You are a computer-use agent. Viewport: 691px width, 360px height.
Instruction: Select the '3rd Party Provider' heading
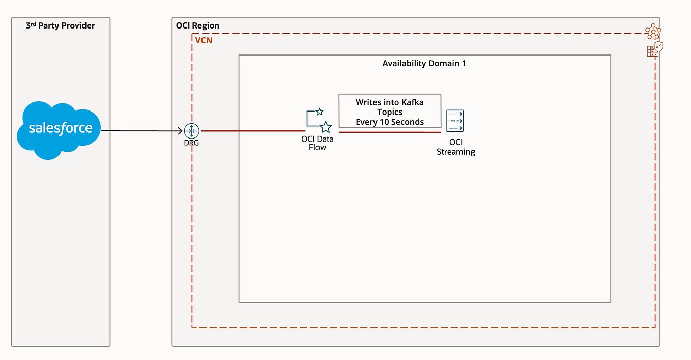[x=60, y=25]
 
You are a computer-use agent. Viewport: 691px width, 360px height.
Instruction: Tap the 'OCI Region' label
[x=197, y=25]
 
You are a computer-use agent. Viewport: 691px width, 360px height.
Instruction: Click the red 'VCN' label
[x=204, y=40]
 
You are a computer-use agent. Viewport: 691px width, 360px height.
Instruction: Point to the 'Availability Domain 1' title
[x=424, y=63]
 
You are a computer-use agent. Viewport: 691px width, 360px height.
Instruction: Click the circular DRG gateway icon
[x=192, y=131]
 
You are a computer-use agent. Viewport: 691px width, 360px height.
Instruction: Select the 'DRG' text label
[x=191, y=143]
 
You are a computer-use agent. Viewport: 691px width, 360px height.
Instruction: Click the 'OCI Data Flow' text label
[x=318, y=143]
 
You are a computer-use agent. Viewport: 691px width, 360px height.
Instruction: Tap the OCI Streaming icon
[x=455, y=121]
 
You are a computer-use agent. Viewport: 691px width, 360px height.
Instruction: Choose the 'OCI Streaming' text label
[x=456, y=147]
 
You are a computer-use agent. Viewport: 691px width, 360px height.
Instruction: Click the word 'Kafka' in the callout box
[x=412, y=102]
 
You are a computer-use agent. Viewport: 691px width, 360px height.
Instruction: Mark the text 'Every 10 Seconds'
[x=390, y=122]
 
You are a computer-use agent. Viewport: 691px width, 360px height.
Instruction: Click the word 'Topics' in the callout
[x=390, y=112]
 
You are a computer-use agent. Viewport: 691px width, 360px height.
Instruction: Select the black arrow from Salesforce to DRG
[x=142, y=131]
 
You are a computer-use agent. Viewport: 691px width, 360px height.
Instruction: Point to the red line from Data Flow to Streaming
[x=390, y=132]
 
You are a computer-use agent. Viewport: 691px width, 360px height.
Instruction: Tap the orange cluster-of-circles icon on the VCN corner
[x=653, y=32]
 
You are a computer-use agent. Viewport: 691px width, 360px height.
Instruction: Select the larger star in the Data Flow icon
[x=326, y=127]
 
